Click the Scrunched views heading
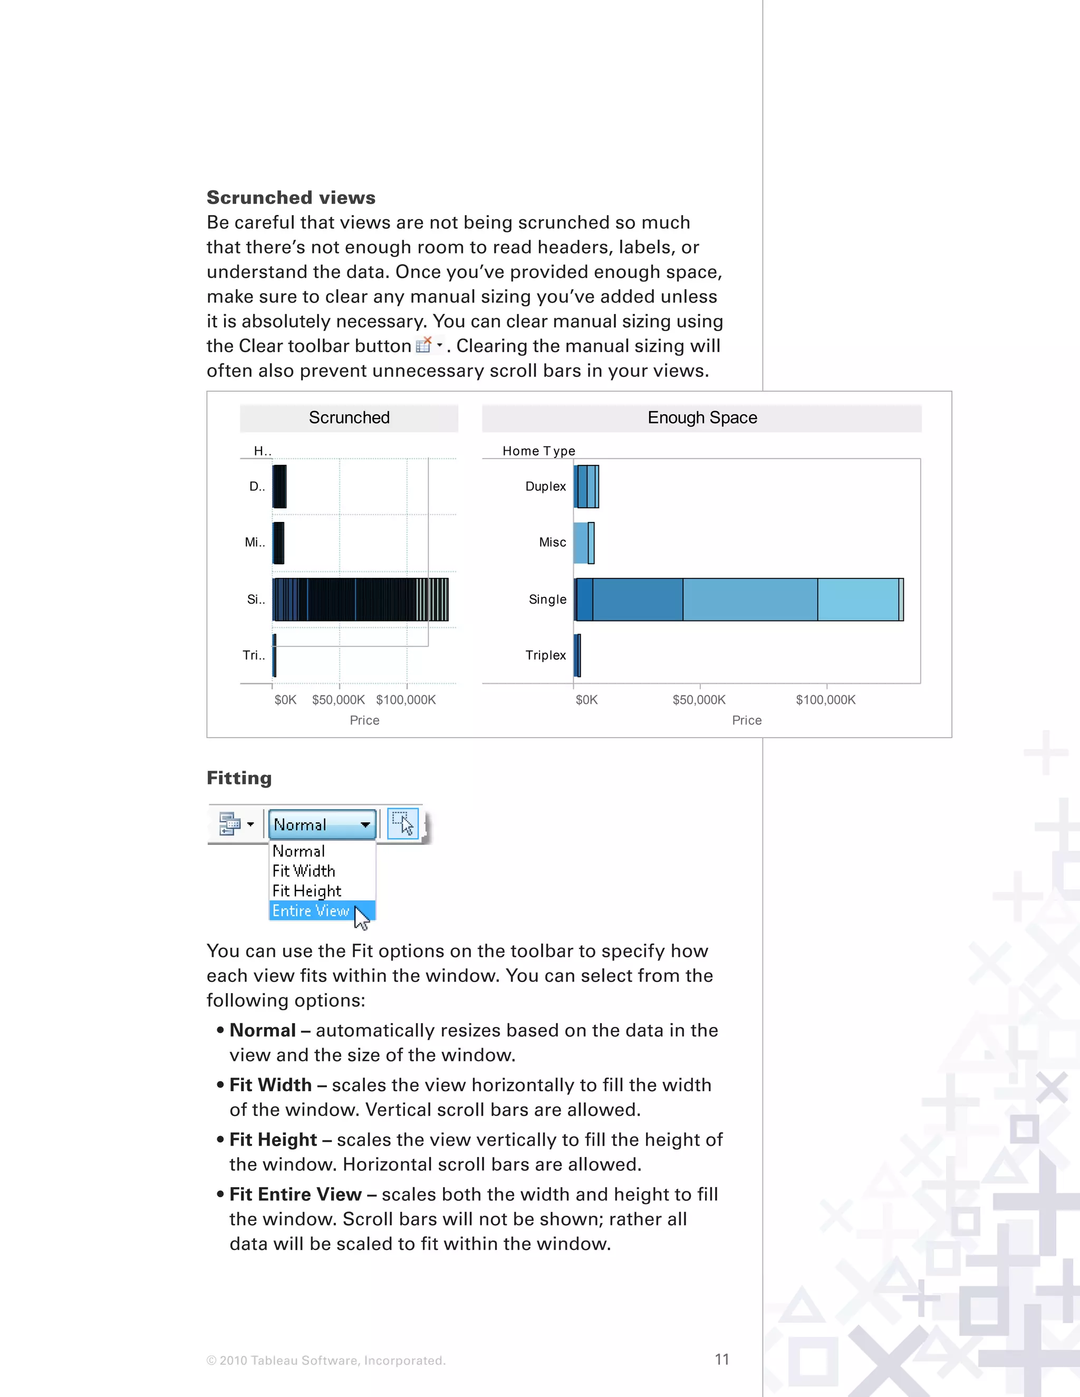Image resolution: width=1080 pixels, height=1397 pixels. (291, 198)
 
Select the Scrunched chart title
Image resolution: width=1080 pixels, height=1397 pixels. (349, 418)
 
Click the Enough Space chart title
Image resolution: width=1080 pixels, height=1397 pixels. (702, 418)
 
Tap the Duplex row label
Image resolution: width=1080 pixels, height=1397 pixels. (545, 486)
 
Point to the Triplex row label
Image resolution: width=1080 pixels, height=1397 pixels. (545, 655)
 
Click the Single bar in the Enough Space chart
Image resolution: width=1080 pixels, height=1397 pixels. (739, 599)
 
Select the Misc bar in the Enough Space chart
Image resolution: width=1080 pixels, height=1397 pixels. (583, 542)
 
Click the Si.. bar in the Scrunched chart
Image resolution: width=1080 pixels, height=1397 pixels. (360, 599)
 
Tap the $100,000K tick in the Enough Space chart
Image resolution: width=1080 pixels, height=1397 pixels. (825, 700)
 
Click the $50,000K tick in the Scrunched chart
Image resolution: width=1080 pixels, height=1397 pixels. (339, 700)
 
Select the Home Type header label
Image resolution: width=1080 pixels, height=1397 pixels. (539, 451)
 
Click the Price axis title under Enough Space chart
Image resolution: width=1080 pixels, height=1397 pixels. (747, 720)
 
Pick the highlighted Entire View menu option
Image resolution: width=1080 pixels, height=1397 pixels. (311, 910)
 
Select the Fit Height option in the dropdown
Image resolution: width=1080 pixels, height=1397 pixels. (306, 890)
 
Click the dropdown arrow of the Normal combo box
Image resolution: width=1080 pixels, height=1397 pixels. (365, 824)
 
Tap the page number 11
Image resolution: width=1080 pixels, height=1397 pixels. (722, 1359)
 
